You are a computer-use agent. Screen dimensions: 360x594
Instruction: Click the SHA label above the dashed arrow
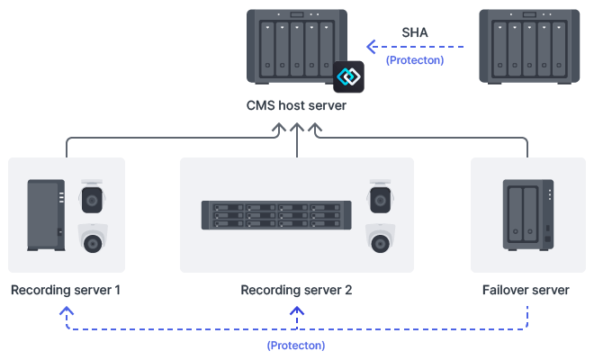tap(415, 33)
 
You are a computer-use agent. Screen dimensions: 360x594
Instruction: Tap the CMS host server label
tap(296, 106)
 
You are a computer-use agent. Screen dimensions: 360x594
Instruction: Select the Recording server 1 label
tap(66, 291)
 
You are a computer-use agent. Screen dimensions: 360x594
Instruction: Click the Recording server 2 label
tap(296, 291)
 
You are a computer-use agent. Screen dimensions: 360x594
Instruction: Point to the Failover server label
tap(526, 291)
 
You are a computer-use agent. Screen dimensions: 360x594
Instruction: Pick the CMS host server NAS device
tap(296, 45)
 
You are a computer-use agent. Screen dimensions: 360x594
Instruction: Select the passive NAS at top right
tap(527, 45)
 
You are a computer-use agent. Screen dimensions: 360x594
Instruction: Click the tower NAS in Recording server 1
tap(45, 215)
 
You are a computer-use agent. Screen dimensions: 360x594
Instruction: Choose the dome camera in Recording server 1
tap(92, 238)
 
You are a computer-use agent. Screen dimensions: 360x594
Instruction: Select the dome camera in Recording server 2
tap(381, 238)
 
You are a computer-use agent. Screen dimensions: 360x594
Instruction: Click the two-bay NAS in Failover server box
tap(527, 215)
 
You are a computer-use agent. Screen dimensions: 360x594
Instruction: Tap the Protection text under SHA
tap(415, 60)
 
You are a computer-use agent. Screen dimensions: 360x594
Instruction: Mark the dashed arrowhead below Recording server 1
tap(66, 310)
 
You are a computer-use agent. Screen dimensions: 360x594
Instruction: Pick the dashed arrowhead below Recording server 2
tap(296, 310)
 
